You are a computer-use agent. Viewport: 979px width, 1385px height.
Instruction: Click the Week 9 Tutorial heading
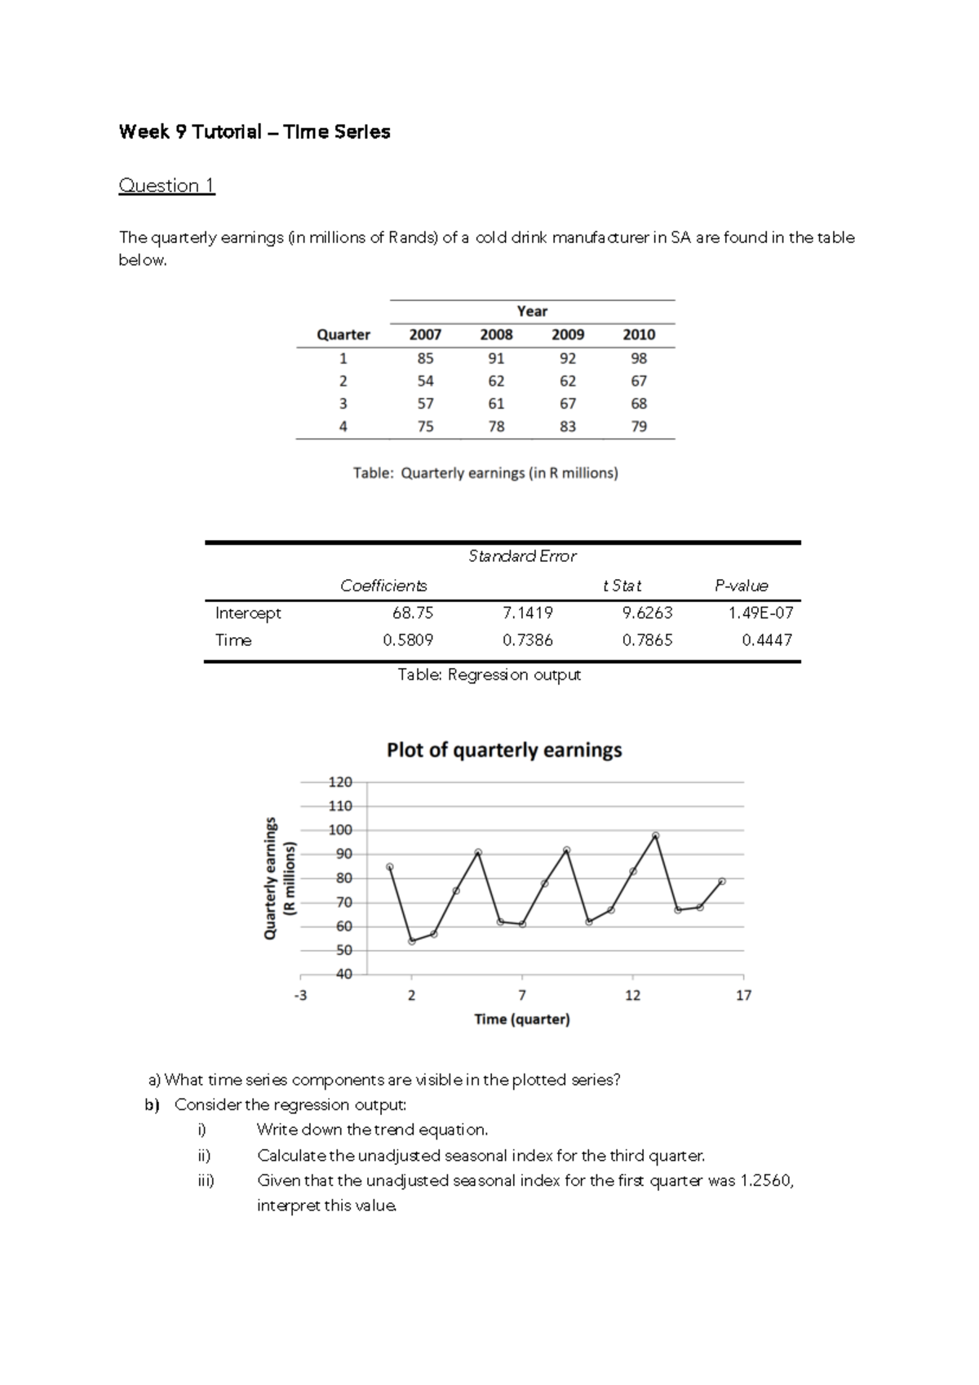tap(254, 132)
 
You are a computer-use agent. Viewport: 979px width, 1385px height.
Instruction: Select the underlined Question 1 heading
tap(166, 186)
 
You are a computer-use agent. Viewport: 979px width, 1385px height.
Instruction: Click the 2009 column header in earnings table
tap(568, 334)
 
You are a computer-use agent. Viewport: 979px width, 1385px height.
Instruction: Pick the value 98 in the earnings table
tap(639, 358)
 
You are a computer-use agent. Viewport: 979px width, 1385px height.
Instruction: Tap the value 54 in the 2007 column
tap(425, 381)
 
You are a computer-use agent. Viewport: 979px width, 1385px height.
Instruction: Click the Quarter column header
tap(343, 334)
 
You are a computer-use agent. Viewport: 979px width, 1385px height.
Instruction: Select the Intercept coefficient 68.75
tap(413, 613)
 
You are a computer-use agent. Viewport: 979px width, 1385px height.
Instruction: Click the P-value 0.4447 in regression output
tap(767, 640)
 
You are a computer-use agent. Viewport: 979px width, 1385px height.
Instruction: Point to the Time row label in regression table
tap(233, 640)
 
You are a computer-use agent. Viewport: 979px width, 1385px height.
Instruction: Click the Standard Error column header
tap(522, 556)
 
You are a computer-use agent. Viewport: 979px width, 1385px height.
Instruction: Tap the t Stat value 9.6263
tap(647, 613)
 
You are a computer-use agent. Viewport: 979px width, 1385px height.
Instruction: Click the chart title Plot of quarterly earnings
tap(504, 750)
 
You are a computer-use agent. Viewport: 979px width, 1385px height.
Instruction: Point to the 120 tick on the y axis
tap(340, 782)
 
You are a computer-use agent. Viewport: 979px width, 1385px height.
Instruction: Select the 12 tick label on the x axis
tap(632, 996)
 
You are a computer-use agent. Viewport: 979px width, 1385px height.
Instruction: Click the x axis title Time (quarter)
tap(522, 1020)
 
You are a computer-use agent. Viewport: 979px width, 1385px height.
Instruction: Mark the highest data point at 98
tap(655, 835)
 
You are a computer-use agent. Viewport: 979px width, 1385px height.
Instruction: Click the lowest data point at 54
tap(412, 941)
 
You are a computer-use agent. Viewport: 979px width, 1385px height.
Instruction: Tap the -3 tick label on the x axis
tap(301, 996)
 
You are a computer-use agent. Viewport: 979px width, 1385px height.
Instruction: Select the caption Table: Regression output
tap(489, 675)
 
